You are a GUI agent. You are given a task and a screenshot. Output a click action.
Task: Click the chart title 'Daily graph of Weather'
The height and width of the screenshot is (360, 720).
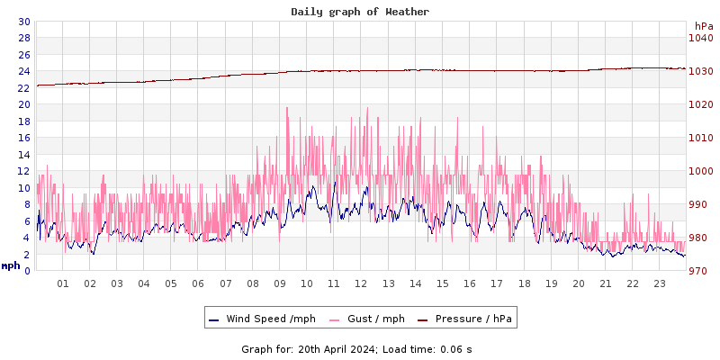[x=360, y=12]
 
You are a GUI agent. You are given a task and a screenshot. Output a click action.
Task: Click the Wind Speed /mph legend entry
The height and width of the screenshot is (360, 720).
[x=271, y=319]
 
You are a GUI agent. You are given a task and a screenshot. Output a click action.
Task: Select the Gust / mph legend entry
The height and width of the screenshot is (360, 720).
[x=375, y=319]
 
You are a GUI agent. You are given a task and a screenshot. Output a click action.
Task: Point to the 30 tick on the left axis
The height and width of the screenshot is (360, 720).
[x=23, y=22]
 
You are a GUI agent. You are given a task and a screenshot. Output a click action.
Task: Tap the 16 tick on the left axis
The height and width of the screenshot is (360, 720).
[x=23, y=138]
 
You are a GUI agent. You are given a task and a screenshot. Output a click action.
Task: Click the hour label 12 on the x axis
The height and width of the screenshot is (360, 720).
[x=361, y=283]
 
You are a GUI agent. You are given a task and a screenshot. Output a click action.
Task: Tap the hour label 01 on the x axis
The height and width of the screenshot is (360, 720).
[x=63, y=283]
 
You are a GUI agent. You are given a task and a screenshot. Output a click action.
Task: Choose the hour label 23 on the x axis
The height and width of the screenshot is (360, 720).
[x=660, y=283]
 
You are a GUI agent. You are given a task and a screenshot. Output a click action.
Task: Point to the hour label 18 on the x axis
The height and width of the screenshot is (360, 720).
[x=524, y=283]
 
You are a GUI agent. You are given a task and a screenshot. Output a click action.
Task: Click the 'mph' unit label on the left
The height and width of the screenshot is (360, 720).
[x=11, y=266]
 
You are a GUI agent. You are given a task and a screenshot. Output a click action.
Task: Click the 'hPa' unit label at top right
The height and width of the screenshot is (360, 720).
[x=703, y=26]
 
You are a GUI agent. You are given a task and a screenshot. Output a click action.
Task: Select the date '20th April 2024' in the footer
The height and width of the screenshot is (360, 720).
[x=336, y=348]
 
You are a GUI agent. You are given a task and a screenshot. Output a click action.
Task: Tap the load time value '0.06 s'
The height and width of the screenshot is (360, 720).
[x=455, y=348]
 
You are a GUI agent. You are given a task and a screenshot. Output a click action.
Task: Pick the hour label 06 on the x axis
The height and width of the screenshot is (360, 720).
[x=198, y=283]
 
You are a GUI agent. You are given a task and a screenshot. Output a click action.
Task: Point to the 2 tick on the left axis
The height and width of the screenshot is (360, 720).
[x=26, y=255]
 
